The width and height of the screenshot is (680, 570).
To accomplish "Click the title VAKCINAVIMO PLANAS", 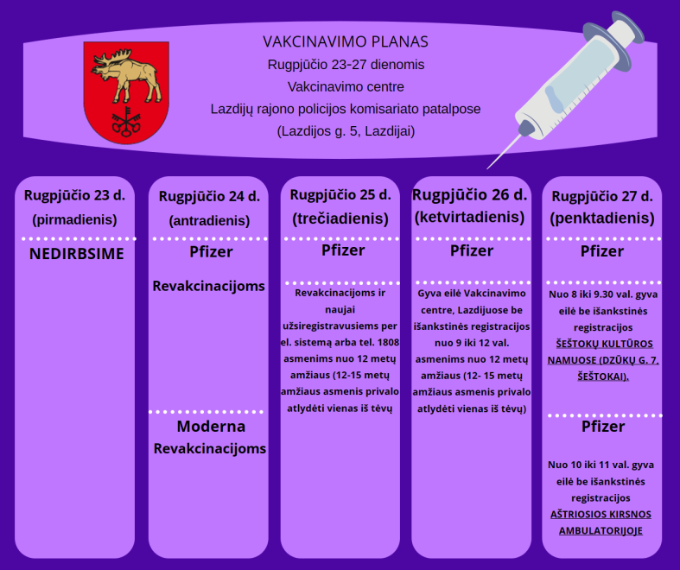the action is tap(346, 41).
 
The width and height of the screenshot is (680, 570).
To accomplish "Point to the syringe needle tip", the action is tap(488, 168).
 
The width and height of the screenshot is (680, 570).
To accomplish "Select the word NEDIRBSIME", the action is tap(77, 254).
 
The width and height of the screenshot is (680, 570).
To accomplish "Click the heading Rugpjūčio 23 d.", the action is tap(74, 195).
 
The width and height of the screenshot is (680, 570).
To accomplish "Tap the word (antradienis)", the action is tap(209, 220).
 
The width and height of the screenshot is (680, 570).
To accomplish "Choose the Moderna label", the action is tap(211, 426).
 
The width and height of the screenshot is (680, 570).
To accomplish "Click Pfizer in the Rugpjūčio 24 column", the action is tap(211, 252).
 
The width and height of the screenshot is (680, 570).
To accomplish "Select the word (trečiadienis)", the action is tap(340, 218).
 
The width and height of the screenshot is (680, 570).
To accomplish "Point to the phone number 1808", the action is tap(388, 343).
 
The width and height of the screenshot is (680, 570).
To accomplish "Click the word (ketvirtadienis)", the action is tap(470, 217).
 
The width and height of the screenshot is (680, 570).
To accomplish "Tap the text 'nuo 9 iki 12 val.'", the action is tap(472, 343).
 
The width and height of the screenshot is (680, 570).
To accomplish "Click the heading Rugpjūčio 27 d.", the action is tap(602, 196).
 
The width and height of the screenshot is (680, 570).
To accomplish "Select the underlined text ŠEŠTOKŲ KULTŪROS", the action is tap(605, 344).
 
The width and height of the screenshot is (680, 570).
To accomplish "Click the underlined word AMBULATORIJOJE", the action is tap(601, 530).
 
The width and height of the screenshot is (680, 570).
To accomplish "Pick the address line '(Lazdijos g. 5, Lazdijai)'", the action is tap(346, 131).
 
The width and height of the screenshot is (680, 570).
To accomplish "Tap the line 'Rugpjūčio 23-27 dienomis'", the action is tap(346, 65).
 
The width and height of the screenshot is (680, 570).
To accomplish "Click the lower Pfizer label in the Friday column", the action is tap(603, 427).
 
